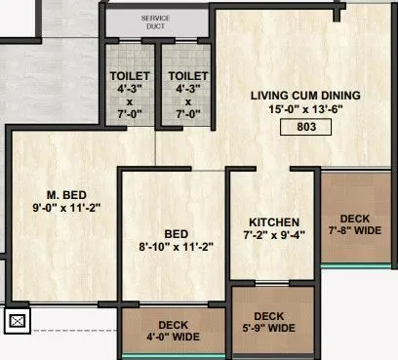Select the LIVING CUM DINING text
[305, 95]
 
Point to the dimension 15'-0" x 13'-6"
[305, 110]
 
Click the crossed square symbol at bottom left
[17, 319]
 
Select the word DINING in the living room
[340, 95]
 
